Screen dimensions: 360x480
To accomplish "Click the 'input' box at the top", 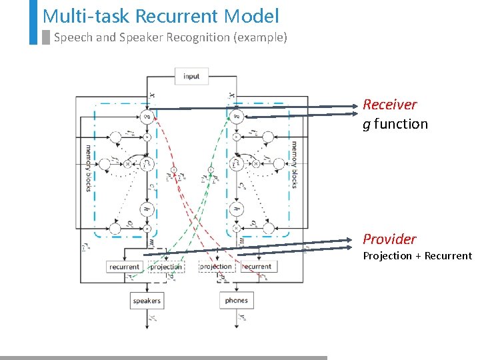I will tap(191, 76).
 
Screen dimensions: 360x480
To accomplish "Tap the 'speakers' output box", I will tap(147, 301).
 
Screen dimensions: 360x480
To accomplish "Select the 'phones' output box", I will tap(236, 301).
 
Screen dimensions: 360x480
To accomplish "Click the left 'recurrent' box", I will tap(125, 267).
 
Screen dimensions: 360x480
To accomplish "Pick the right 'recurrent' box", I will tap(257, 267).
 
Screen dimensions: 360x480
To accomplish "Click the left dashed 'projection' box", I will tap(166, 267).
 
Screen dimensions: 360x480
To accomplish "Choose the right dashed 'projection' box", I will tap(215, 267).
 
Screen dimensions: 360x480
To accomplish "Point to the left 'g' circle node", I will tap(147, 117).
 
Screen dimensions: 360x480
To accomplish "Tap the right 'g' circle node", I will tap(235, 117).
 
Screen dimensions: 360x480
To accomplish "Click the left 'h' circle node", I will tap(147, 209).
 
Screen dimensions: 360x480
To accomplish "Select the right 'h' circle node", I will tap(235, 209).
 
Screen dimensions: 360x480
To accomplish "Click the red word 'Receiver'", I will tap(389, 105).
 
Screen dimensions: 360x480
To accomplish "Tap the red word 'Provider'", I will tap(389, 239).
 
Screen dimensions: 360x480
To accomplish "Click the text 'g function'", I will tap(395, 124).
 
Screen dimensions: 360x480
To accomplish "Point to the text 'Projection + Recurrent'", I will tap(417, 256).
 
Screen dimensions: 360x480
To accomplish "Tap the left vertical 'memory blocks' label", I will tap(89, 167).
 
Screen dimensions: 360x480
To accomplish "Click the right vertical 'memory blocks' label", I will tap(294, 164).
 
